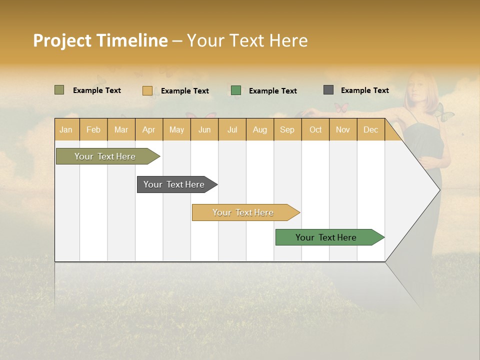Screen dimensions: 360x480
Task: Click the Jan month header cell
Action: point(66,130)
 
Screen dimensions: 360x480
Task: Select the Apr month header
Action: point(148,130)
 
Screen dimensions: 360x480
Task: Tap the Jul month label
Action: point(232,130)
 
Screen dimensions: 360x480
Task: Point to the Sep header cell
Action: point(287,130)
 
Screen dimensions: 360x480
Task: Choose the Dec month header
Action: point(370,130)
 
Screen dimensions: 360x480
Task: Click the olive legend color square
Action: point(59,90)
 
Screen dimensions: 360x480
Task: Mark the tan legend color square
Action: point(147,90)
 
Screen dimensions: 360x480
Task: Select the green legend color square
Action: point(236,90)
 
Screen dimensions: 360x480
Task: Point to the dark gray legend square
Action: point(328,90)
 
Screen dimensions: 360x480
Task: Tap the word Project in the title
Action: point(62,40)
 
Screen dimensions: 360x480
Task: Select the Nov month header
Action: point(342,130)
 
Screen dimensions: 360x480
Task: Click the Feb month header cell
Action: point(93,130)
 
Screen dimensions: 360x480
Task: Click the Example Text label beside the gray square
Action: point(364,90)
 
